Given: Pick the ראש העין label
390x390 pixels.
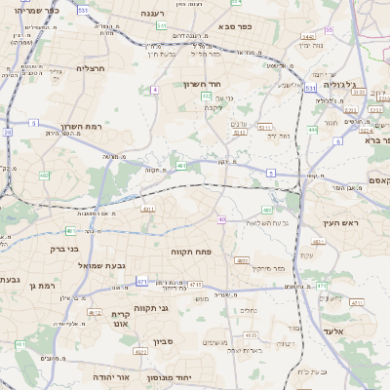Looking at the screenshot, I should pyautogui.click(x=341, y=223).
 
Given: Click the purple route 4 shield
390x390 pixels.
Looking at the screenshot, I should pyautogui.click(x=154, y=90).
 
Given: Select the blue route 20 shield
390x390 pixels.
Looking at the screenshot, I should pyautogui.click(x=8, y=131).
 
